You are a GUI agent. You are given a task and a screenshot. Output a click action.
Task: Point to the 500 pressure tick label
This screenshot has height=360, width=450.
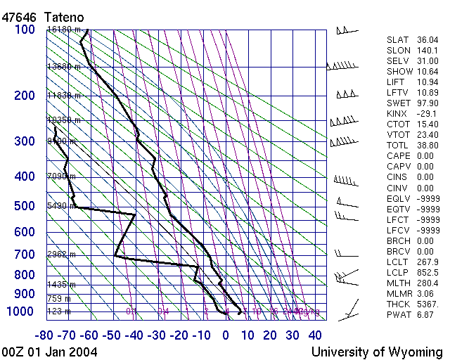tap(25, 207)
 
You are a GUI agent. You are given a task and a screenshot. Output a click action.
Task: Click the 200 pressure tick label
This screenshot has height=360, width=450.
tap(25, 96)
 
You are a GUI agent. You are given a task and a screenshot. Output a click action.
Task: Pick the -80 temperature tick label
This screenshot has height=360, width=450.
tap(46, 335)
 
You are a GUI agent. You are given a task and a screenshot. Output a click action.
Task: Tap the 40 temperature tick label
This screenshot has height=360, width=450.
tap(315, 335)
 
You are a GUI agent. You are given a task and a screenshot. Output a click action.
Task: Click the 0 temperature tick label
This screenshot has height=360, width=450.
tap(225, 335)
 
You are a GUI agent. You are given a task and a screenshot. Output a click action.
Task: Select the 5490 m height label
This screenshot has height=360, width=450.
tap(61, 207)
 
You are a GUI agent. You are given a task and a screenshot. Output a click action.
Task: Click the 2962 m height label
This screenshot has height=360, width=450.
tap(61, 255)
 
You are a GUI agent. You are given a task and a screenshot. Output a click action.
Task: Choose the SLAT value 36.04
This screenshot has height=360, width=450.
tap(427, 40)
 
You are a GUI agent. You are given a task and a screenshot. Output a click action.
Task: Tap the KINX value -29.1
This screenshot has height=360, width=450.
tap(427, 114)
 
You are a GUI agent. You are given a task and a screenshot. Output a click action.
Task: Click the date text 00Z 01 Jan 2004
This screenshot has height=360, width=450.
tap(50, 351)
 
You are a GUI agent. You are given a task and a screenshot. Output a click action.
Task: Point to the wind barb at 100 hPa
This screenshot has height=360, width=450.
tap(346, 30)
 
